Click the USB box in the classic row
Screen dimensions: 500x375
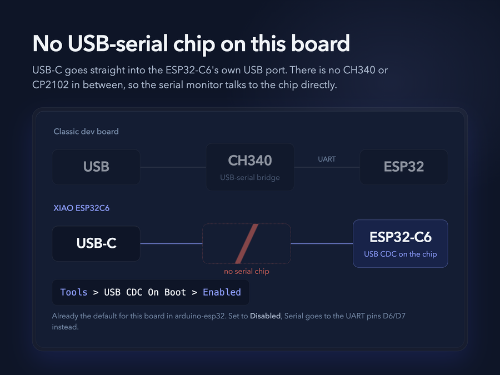click(x=96, y=167)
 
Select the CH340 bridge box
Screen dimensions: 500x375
click(x=250, y=167)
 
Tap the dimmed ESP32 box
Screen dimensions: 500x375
click(x=404, y=167)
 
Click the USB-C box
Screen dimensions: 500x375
click(x=96, y=244)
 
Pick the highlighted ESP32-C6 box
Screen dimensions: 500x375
click(x=400, y=244)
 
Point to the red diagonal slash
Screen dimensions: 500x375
click(x=247, y=244)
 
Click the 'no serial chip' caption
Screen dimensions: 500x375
click(x=247, y=271)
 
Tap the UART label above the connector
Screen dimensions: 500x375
click(x=327, y=159)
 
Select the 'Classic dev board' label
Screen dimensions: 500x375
click(x=86, y=131)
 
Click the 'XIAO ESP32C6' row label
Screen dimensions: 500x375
click(x=81, y=208)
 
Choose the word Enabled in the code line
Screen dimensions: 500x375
click(x=222, y=292)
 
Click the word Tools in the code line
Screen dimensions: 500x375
click(x=74, y=292)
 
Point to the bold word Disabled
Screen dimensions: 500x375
click(x=266, y=316)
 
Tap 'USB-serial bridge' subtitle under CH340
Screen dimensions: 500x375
click(x=250, y=178)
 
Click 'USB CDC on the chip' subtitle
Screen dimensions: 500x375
click(x=400, y=254)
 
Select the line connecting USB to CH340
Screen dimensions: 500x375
click(x=173, y=167)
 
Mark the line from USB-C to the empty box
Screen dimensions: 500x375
click(x=171, y=244)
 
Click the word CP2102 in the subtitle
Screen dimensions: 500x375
click(x=51, y=85)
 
